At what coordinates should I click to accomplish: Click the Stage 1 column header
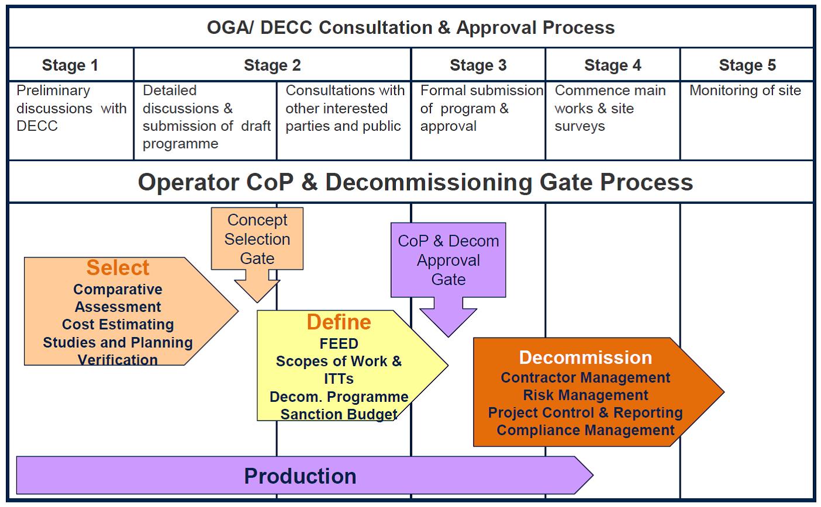tap(70, 65)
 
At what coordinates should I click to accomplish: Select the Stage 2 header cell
tap(272, 65)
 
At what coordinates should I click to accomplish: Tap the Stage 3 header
tap(478, 65)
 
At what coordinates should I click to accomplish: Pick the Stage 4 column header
tap(612, 65)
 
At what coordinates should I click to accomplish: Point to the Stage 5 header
tap(747, 65)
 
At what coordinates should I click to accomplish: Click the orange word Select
tap(118, 268)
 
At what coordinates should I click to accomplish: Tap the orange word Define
tap(339, 322)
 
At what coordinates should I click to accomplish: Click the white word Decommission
tap(585, 357)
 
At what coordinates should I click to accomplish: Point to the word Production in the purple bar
tap(300, 476)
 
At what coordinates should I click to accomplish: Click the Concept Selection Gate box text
tap(257, 239)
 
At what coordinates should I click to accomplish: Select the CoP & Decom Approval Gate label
tap(449, 260)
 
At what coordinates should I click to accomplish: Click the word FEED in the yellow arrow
tap(339, 343)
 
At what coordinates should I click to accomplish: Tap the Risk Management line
tap(585, 395)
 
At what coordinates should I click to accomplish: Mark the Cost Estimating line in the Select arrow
tap(118, 324)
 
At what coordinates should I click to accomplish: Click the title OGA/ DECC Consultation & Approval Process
tap(410, 27)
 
